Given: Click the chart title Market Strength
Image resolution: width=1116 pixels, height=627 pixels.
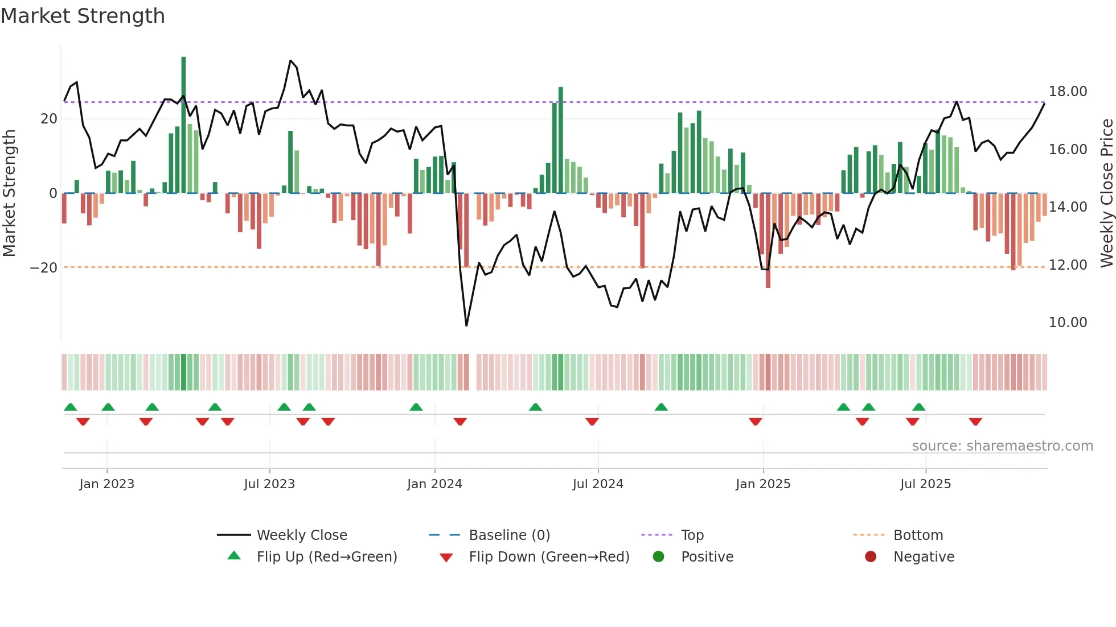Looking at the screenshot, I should [x=83, y=16].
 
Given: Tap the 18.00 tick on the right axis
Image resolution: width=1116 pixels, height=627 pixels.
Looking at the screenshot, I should [x=1068, y=92].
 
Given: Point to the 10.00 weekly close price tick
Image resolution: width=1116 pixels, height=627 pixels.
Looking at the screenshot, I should [x=1068, y=323].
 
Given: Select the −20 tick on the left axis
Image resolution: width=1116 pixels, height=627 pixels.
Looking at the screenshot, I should [x=44, y=267].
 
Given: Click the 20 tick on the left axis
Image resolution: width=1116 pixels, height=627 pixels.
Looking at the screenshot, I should [x=49, y=119].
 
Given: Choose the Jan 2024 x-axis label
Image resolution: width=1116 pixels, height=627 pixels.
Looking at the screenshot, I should [x=434, y=484].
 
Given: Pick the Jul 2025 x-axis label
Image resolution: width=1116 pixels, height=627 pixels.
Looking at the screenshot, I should [x=925, y=484].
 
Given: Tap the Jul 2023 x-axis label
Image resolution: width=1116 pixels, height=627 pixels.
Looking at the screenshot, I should [x=269, y=484].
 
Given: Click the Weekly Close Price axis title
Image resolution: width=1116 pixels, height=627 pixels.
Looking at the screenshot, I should [x=1106, y=193].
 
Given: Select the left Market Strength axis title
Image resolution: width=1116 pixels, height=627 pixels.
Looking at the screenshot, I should [x=9, y=193].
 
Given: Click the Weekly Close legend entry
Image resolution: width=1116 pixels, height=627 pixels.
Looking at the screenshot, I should [x=301, y=535].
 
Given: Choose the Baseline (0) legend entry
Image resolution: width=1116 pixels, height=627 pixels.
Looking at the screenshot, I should [x=509, y=535].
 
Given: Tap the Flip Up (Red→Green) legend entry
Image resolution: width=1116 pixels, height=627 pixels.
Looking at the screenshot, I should [x=326, y=557].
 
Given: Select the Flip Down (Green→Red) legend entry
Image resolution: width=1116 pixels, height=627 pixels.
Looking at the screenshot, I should [x=549, y=557].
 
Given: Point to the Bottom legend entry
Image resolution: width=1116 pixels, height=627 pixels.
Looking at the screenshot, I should [x=918, y=535].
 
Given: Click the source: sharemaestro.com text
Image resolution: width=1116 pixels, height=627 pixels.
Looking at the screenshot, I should [x=1002, y=446].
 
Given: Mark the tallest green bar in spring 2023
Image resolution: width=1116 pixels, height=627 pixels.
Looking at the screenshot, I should [x=183, y=125].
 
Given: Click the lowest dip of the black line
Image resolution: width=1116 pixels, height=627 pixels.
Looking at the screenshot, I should [x=466, y=325].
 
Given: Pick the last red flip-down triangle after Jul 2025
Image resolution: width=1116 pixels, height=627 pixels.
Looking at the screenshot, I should [x=975, y=422].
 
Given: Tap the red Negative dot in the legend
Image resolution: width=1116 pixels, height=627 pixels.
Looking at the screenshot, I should [x=871, y=556].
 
